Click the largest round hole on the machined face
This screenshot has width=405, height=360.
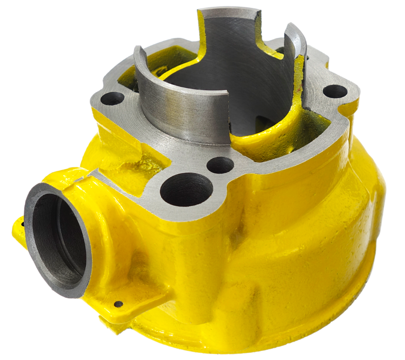186,189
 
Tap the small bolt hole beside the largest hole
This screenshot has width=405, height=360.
220,165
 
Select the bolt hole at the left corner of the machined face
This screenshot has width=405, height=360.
112,98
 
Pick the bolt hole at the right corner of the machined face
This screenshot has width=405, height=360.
335,91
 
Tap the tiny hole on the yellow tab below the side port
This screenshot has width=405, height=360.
118,304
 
